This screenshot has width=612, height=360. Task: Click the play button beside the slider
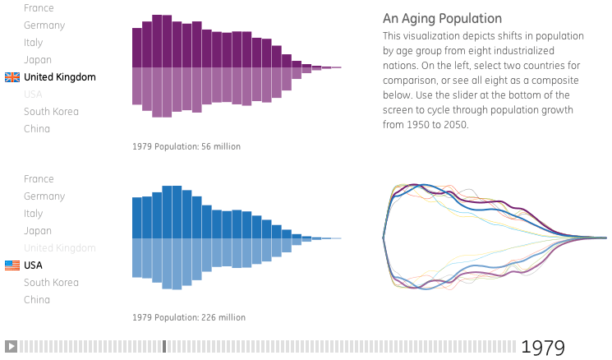point(11,346)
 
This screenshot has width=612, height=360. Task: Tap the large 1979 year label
point(543,347)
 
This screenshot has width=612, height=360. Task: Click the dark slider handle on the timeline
point(164,346)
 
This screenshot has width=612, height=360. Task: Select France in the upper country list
point(39,8)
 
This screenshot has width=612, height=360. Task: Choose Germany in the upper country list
point(44,25)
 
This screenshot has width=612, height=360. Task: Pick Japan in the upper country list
point(38,60)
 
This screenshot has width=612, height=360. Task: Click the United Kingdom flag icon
point(12,77)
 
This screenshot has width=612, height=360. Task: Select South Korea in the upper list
point(51,112)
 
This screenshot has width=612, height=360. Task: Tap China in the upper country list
point(37,129)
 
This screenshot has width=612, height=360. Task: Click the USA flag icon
point(12,265)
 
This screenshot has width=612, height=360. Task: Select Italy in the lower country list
point(34,214)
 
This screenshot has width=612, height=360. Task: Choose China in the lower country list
point(37,300)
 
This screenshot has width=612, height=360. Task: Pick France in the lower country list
point(39,179)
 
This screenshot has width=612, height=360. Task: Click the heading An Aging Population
point(442,18)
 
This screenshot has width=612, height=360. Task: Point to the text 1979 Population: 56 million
point(186,146)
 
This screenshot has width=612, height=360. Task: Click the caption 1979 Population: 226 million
point(188,317)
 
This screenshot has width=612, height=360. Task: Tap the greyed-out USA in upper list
point(33,95)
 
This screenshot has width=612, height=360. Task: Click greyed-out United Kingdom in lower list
point(59,248)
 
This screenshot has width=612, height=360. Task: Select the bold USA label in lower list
point(34,265)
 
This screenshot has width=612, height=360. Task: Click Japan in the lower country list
point(38,231)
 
